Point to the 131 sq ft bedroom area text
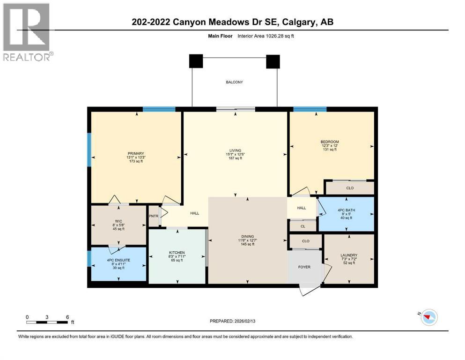tap(330, 150)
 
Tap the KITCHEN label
tap(177, 253)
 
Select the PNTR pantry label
tap(154, 216)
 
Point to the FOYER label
tap(305, 268)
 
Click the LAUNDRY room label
tap(349, 255)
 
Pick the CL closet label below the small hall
tap(303, 226)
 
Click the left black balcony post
tap(196, 61)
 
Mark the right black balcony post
tap(273, 61)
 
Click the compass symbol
tap(428, 318)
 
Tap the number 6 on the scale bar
tap(68, 317)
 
